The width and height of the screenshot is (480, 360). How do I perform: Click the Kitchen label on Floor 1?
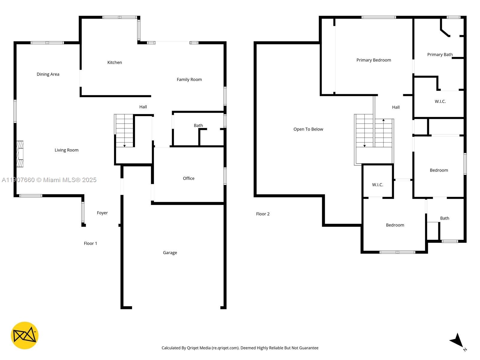tap(115, 62)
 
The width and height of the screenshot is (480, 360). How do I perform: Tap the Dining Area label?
tap(48, 74)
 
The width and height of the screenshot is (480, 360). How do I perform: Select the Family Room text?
tap(189, 79)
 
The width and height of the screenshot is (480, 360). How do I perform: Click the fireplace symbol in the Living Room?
tap(20, 154)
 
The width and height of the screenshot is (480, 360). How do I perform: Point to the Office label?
tap(188, 178)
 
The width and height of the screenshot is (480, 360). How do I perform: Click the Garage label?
tap(170, 253)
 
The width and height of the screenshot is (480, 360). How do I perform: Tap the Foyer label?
tap(102, 213)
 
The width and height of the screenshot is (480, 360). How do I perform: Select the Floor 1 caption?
tap(90, 243)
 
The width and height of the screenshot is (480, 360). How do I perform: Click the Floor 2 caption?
tap(262, 214)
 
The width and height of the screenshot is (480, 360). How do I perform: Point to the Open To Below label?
tap(308, 129)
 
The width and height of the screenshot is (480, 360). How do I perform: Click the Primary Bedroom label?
tap(373, 60)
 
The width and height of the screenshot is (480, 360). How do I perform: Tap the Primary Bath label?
tap(439, 55)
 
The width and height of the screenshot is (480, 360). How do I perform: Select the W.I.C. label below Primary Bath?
tap(440, 101)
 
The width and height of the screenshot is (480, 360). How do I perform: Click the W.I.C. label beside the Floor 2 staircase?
tap(377, 185)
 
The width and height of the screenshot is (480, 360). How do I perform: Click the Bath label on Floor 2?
tap(444, 218)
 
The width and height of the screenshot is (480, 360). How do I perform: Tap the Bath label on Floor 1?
tap(198, 125)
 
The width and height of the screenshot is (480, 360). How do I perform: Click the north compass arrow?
tap(457, 341)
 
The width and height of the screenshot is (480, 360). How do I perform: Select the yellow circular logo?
tap(25, 335)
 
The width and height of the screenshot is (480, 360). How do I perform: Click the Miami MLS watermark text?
tap(49, 180)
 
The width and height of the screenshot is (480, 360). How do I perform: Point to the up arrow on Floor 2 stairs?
tap(383, 120)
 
